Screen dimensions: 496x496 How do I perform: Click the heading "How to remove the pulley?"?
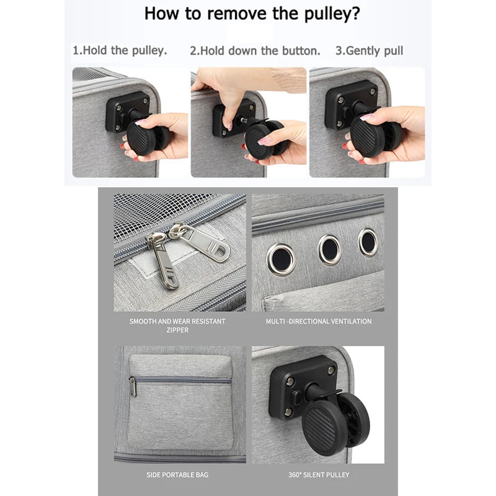pos(252,14)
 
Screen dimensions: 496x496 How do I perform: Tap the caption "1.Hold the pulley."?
pos(120,51)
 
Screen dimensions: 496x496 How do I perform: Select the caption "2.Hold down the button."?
pos(255,51)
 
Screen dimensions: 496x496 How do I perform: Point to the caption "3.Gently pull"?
pos(369,51)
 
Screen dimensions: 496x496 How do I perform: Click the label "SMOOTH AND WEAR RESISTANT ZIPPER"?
pos(177,325)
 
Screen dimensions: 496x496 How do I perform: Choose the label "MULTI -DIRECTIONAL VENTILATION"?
pos(319,321)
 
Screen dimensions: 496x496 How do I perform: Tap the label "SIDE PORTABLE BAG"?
pos(177,475)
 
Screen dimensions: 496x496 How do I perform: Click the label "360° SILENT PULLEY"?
pos(319,475)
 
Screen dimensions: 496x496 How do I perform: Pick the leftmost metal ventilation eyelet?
pos(281,259)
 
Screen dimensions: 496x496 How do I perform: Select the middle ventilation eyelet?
pos(329,250)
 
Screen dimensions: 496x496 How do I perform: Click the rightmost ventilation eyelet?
pos(368,242)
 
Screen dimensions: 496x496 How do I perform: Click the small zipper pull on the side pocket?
pos(133,387)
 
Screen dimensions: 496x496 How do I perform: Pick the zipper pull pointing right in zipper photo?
pos(200,242)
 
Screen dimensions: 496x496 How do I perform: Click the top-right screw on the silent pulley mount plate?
pos(331,370)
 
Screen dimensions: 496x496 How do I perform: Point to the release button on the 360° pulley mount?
pos(296,398)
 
